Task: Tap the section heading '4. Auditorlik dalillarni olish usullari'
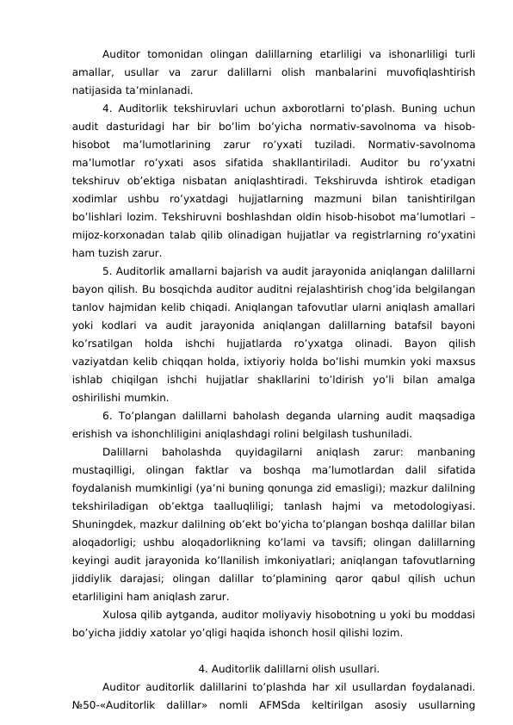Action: point(289,670)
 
